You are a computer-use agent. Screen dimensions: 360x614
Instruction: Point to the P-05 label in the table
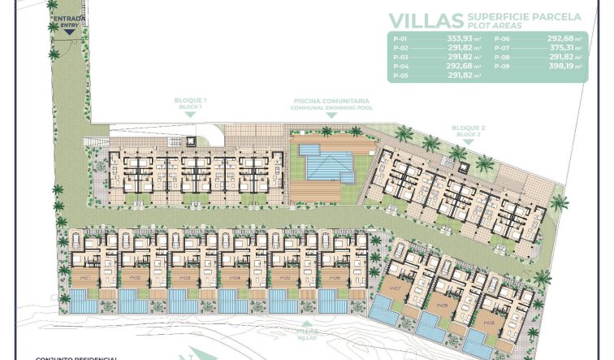pos(400,75)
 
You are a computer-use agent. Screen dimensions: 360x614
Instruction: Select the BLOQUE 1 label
pos(190,102)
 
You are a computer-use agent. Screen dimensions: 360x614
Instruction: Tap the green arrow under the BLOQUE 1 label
pos(190,115)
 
